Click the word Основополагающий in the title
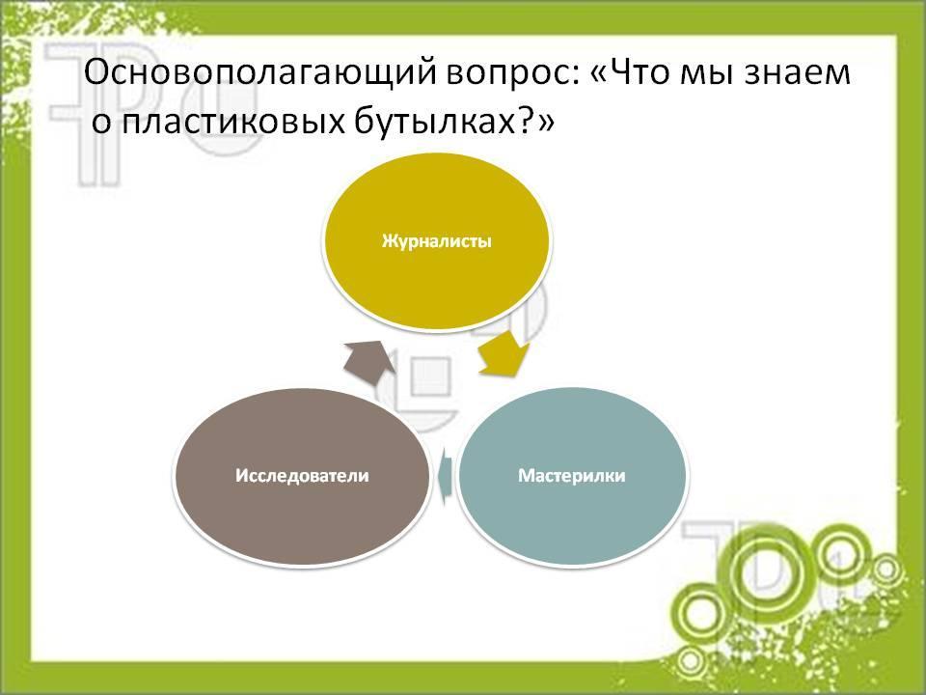coord(260,74)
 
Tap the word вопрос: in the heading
coord(512,73)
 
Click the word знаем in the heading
coord(796,74)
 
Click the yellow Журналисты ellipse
coord(436,241)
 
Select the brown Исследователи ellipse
coord(302,476)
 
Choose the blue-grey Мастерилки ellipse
coord(572,476)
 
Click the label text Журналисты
coord(436,241)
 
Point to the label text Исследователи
coord(302,476)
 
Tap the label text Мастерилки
coord(572,476)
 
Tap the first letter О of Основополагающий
coord(97,72)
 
